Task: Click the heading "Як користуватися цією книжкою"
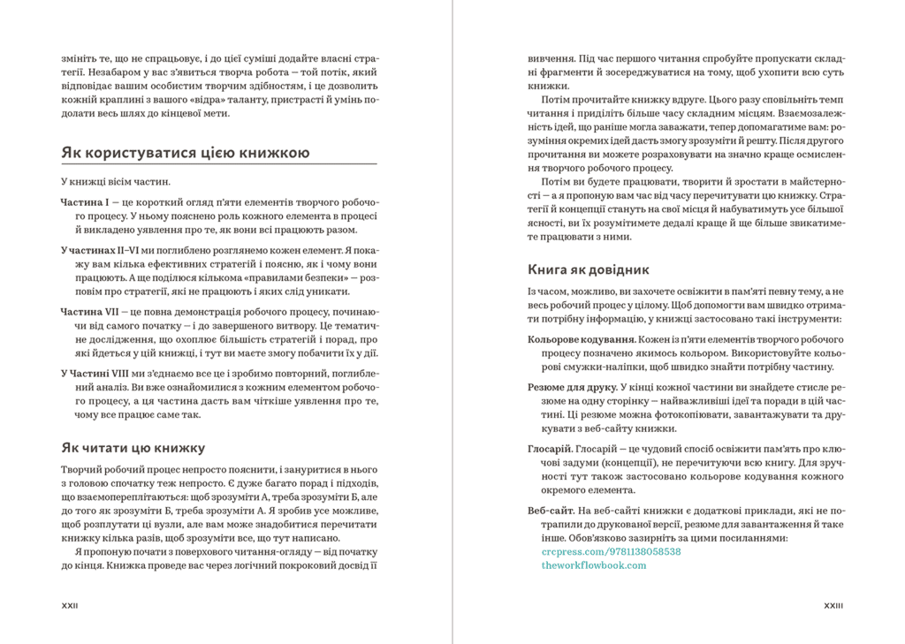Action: pyautogui.click(x=185, y=153)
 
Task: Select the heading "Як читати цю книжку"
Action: pyautogui.click(x=133, y=447)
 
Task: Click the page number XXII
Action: pyautogui.click(x=69, y=606)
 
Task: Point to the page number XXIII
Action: pyautogui.click(x=833, y=606)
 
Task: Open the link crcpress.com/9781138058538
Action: pyautogui.click(x=611, y=550)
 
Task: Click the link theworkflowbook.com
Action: pyautogui.click(x=593, y=564)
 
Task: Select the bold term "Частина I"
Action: pyautogui.click(x=84, y=202)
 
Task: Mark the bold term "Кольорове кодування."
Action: pyautogui.click(x=582, y=339)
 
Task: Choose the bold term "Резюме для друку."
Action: pyautogui.click(x=573, y=387)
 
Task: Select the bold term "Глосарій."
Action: pyautogui.click(x=551, y=448)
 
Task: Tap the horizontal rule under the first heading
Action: pyautogui.click(x=218, y=164)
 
